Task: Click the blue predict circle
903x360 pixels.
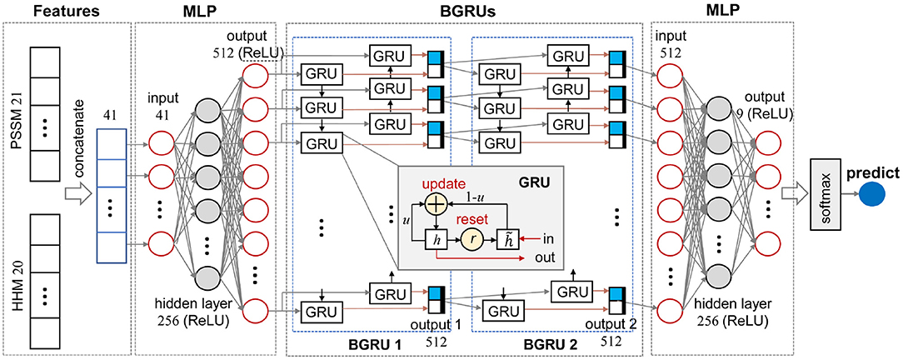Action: point(876,197)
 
